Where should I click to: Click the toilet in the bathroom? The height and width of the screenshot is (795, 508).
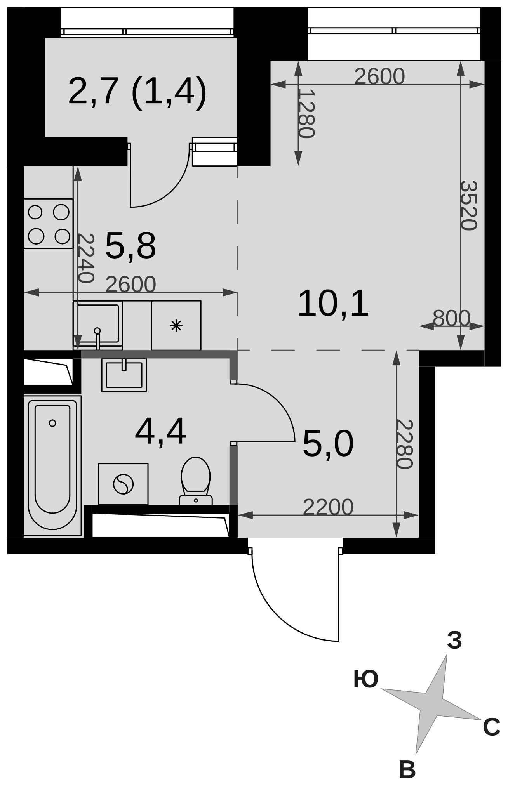click(x=196, y=481)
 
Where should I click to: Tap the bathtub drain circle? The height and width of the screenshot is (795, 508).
click(x=52, y=423)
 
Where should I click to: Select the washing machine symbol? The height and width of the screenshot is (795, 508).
click(x=123, y=484)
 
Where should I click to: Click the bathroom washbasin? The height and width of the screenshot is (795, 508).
click(x=124, y=375)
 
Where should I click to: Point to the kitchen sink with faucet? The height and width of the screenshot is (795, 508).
click(x=98, y=325)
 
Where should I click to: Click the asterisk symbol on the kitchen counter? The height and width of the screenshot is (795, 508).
click(x=176, y=325)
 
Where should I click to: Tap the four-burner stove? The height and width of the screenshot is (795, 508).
click(x=49, y=224)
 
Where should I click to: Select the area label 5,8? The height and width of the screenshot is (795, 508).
click(x=130, y=245)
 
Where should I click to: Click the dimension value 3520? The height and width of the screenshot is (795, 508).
click(x=468, y=205)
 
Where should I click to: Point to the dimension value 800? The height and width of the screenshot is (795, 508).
click(x=451, y=318)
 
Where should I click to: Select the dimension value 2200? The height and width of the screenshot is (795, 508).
click(x=328, y=507)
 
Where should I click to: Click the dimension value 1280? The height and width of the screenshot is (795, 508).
click(x=306, y=113)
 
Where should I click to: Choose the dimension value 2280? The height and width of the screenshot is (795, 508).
click(x=404, y=444)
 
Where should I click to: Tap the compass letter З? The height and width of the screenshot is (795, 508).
click(x=454, y=641)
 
